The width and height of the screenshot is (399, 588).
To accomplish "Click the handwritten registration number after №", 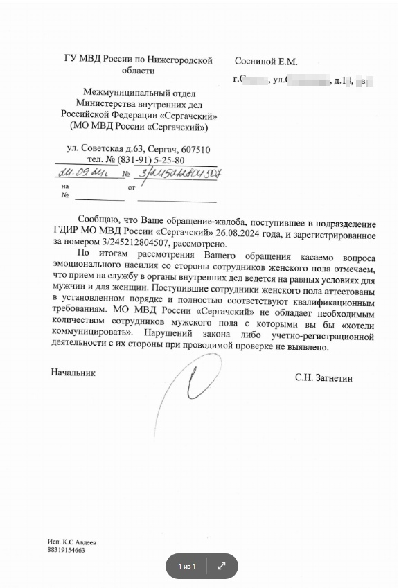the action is (x=177, y=173).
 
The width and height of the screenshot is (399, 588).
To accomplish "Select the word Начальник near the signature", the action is (x=73, y=373).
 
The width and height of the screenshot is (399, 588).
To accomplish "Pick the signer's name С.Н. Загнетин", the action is (x=323, y=378).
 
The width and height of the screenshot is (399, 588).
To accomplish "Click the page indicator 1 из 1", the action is (x=187, y=567).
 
